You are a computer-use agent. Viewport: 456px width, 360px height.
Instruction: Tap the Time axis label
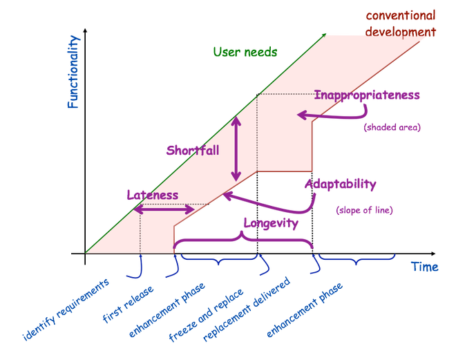(x=424, y=266)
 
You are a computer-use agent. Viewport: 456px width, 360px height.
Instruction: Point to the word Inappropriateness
(x=367, y=95)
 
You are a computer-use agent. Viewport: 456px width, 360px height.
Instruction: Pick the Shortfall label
(x=192, y=149)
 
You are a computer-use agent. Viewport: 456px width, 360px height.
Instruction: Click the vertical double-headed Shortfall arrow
(x=236, y=148)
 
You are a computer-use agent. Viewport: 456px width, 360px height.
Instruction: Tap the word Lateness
(x=152, y=195)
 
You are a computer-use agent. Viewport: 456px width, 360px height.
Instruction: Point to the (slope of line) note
(x=364, y=209)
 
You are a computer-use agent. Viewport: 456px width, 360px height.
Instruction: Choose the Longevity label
(x=271, y=222)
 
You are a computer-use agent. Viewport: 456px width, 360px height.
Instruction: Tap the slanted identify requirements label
(x=66, y=310)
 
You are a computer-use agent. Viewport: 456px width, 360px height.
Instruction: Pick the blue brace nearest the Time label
(x=355, y=260)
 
